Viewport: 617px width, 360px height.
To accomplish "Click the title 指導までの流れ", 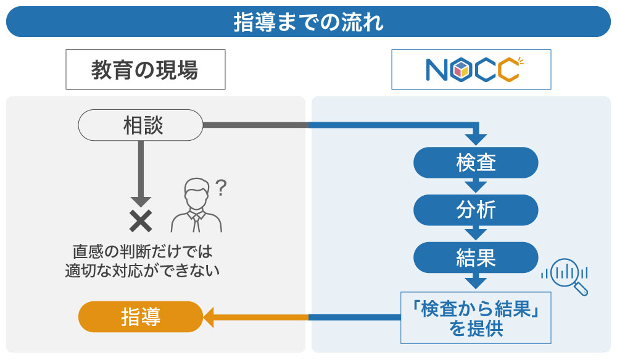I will [x=308, y=22].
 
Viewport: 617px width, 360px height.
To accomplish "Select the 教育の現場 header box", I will [x=145, y=70].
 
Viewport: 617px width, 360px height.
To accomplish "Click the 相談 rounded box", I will [x=141, y=125].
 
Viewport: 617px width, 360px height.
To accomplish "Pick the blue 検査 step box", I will [x=476, y=162].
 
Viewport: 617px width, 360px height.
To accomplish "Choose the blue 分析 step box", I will [x=476, y=210].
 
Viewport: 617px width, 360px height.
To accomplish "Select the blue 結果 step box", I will [x=476, y=257].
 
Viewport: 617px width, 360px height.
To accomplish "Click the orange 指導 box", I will [x=141, y=317].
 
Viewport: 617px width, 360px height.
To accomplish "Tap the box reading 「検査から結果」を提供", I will [x=476, y=317].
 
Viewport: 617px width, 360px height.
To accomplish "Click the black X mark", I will [x=141, y=220].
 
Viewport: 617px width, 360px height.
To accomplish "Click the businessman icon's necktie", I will [x=196, y=222].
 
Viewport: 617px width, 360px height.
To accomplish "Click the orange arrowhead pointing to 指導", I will [x=209, y=317].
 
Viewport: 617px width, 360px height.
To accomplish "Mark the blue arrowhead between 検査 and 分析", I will [x=476, y=186].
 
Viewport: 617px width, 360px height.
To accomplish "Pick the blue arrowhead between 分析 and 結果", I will [x=476, y=233].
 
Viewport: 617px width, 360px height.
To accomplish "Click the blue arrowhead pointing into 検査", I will [x=476, y=140].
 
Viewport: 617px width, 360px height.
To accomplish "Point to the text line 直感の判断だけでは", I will [x=143, y=252].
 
